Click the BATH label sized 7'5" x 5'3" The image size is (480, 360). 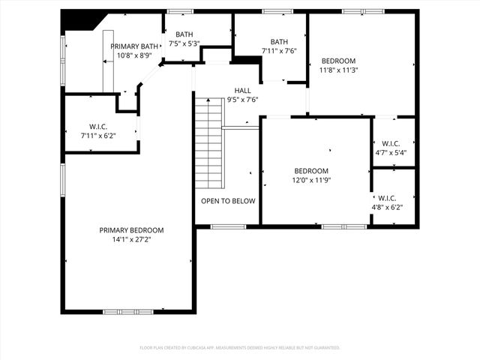[184, 34]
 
